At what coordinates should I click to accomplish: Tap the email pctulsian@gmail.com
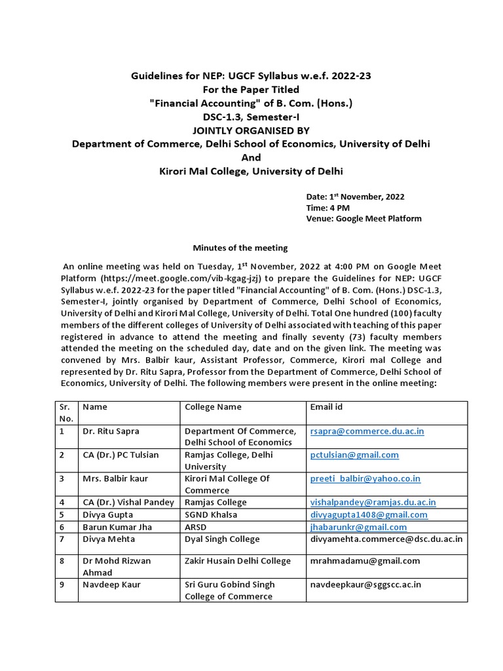point(354,455)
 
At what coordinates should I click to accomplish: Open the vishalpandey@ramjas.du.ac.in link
point(373,502)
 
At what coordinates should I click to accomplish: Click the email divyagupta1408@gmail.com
point(368,514)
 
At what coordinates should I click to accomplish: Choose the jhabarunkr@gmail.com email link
point(358,527)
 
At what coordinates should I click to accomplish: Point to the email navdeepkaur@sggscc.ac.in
point(365,584)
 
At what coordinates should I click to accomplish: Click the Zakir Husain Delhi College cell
point(237,560)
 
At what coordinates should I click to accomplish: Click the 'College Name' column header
point(213,407)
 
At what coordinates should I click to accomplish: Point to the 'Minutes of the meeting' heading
point(239,248)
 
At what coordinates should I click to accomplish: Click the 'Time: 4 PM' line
point(328,207)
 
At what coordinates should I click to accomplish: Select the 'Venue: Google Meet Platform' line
point(363,218)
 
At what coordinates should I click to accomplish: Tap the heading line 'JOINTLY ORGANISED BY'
point(251,130)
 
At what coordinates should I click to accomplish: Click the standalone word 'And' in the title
point(251,157)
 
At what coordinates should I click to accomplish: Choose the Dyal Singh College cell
point(222,539)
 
